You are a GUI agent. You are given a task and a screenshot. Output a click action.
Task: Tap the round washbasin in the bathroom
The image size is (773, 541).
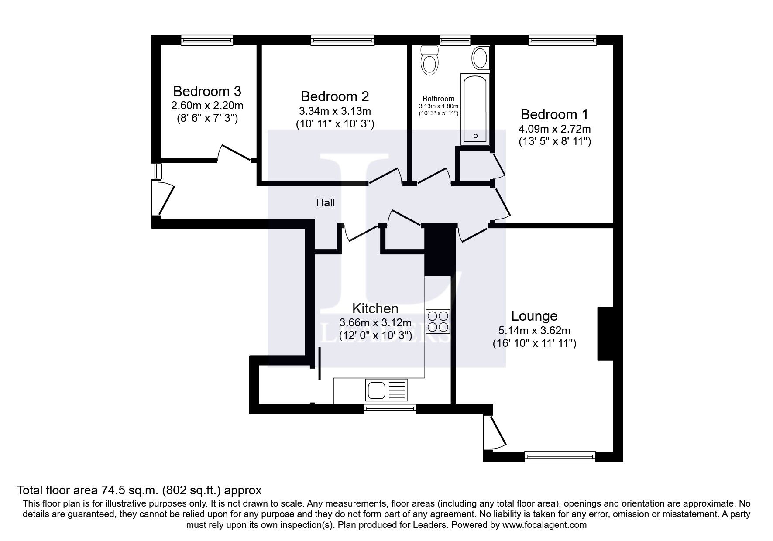[x=481, y=58]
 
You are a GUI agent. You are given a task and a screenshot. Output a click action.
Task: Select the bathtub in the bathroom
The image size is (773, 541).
[x=475, y=109]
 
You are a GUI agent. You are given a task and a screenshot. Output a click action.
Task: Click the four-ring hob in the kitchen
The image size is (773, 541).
[x=438, y=321]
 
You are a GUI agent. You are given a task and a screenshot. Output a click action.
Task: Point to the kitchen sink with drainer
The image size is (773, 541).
[x=387, y=390]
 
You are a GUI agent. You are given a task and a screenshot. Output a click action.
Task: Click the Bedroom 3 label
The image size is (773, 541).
[x=207, y=91]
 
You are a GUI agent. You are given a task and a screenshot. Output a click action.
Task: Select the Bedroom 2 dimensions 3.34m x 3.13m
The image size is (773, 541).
[x=335, y=111]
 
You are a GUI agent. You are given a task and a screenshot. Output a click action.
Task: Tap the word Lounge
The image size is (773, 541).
[x=534, y=316]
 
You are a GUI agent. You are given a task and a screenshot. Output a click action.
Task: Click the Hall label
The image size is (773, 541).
[x=326, y=202]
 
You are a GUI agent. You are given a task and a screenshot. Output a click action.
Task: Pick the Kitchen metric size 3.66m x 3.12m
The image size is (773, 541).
[x=375, y=323]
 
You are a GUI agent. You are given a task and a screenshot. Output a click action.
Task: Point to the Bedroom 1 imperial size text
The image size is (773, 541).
[x=554, y=142]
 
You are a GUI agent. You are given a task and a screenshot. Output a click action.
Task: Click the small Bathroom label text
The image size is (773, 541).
[x=438, y=99]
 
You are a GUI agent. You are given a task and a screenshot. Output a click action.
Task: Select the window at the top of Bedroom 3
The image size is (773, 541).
[x=207, y=41]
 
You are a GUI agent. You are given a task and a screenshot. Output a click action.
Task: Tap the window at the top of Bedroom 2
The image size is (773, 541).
[x=343, y=41]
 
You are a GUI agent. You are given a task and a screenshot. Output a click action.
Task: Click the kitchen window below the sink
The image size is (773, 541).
[x=390, y=408]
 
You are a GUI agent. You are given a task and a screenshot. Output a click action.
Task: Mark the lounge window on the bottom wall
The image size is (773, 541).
[x=560, y=456]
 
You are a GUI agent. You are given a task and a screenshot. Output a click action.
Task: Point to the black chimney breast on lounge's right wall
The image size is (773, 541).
[x=605, y=334]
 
